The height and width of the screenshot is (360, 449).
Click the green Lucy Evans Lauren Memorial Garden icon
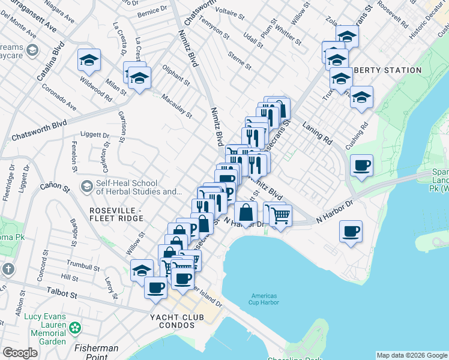click(x=74, y=328)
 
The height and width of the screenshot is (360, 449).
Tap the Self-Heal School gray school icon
click(x=86, y=187)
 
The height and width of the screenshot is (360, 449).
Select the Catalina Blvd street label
click(x=58, y=57)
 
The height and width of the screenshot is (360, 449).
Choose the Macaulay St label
click(x=176, y=106)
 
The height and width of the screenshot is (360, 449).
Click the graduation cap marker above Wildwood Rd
click(x=89, y=60)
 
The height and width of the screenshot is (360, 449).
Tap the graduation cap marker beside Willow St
click(x=142, y=270)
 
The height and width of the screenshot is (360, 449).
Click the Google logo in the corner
click(x=20, y=353)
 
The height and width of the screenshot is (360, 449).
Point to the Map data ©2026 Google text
click(x=412, y=355)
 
